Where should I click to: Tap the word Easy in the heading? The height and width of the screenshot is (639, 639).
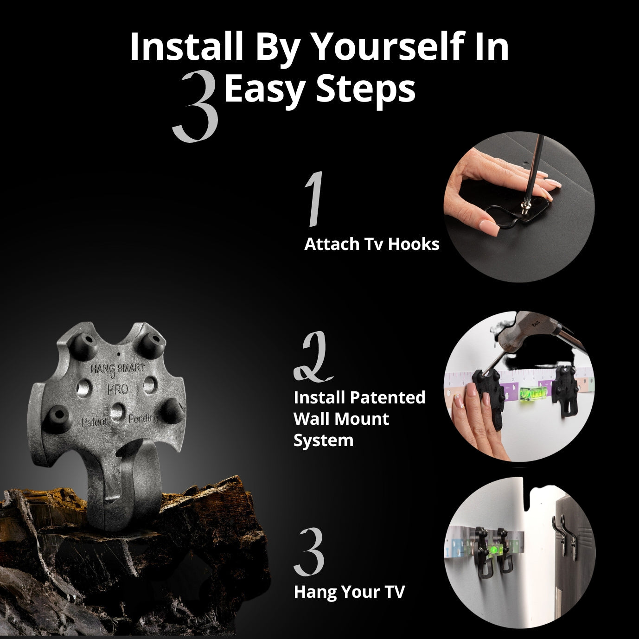265,89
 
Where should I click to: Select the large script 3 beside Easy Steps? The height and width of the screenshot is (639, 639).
196,106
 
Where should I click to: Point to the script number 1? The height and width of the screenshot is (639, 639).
314,199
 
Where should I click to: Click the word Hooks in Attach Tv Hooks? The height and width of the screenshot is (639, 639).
414,244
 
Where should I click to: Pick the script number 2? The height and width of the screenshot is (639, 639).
313,357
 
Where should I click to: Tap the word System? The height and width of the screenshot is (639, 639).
323,441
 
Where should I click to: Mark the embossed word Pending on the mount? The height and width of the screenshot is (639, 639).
143,418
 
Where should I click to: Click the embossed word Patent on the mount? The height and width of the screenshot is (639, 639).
95,422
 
